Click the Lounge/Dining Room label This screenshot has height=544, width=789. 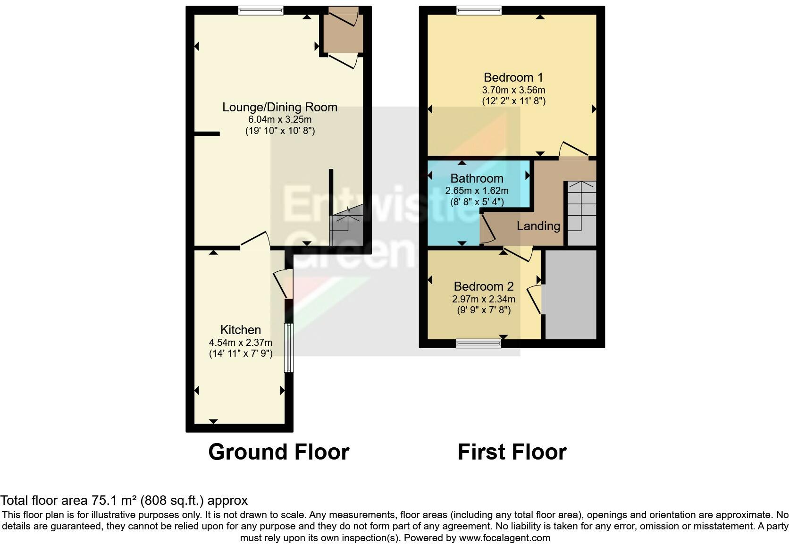click(x=280, y=107)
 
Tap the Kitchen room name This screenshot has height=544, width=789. click(x=241, y=330)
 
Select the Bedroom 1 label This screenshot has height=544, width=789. click(x=513, y=77)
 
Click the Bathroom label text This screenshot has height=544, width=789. click(x=477, y=178)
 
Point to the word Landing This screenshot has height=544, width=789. click(x=538, y=226)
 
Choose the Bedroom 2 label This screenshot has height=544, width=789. click(x=484, y=286)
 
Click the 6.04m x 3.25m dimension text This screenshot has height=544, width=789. click(x=280, y=119)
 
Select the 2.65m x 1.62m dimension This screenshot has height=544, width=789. click(x=477, y=191)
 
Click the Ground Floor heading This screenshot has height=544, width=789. click(x=278, y=452)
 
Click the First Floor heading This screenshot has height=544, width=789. click(x=512, y=452)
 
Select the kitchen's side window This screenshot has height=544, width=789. click(x=288, y=348)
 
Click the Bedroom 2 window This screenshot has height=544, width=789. click(x=478, y=344)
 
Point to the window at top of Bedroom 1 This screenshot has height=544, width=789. click(x=478, y=10)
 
